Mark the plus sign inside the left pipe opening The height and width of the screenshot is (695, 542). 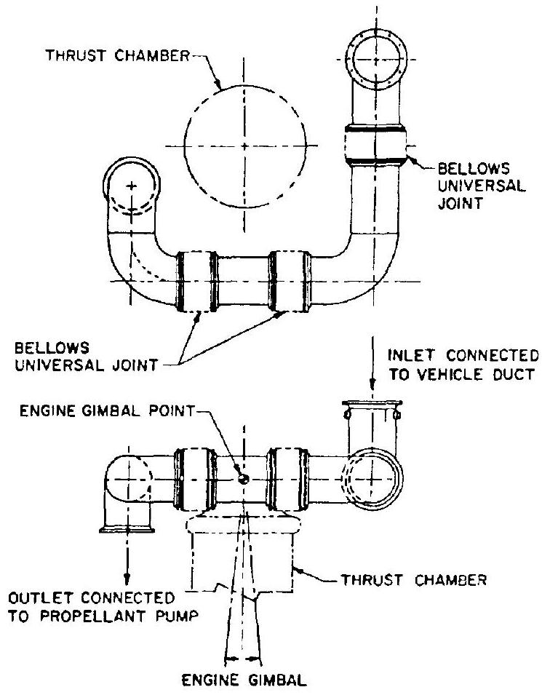[x=131, y=187]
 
